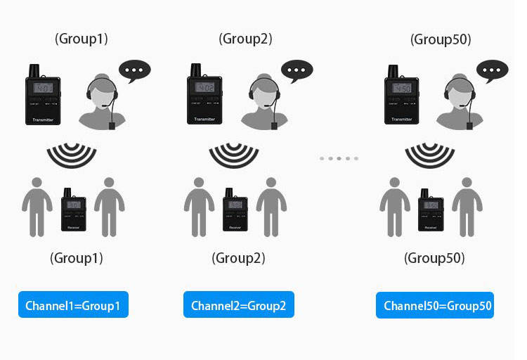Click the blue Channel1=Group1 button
point(73,305)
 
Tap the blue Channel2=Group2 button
point(238,305)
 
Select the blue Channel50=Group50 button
point(434,305)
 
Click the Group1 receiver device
point(73,210)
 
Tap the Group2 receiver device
point(235,210)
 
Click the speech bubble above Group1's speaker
point(134,71)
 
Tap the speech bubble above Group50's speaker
point(492,71)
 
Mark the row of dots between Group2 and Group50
point(339,158)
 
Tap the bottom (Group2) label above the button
point(238,259)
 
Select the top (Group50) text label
point(441,39)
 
